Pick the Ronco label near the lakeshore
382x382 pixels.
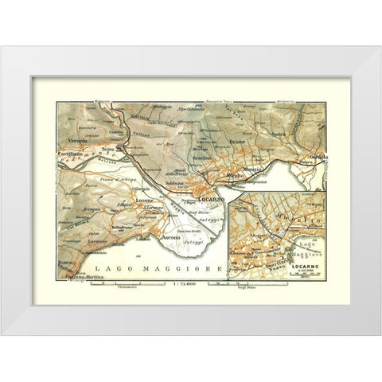point(65,262)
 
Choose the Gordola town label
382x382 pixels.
point(317,156)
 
